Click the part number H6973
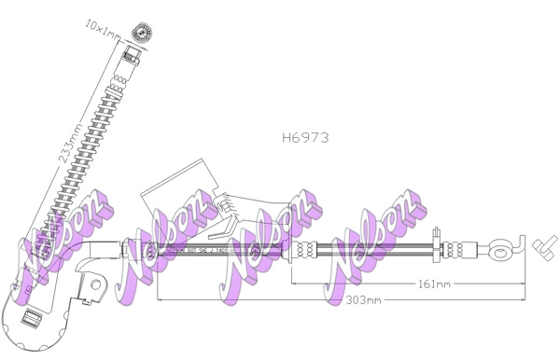coord(305,136)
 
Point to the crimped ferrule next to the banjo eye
coord(455,249)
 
